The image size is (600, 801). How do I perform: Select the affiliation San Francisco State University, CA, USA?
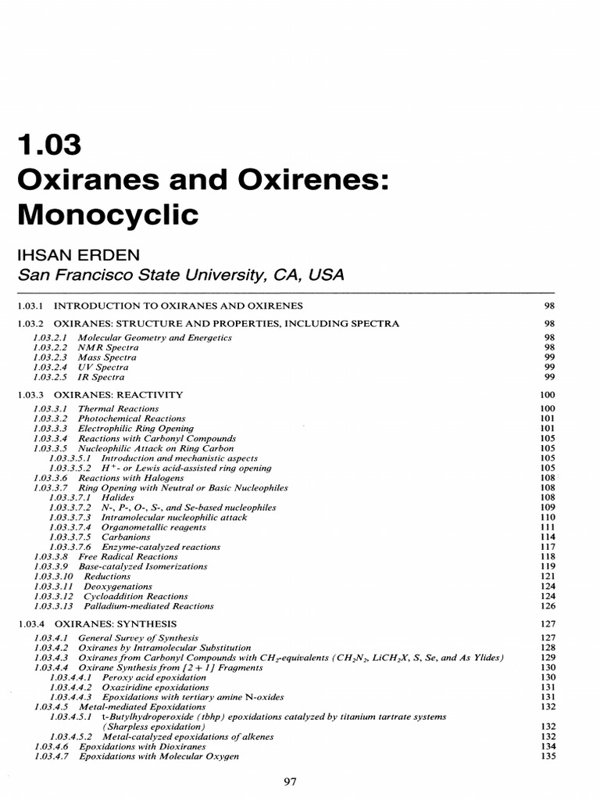pyautogui.click(x=180, y=275)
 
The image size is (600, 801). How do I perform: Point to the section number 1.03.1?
pyautogui.click(x=30, y=305)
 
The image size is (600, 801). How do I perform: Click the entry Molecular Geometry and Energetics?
pyautogui.click(x=155, y=338)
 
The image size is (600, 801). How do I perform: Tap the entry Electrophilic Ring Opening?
pyautogui.click(x=136, y=429)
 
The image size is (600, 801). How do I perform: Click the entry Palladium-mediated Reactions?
pyautogui.click(x=146, y=605)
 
